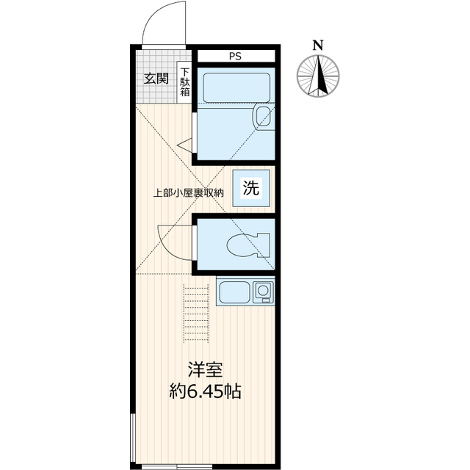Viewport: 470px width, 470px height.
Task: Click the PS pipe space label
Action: click(235, 57)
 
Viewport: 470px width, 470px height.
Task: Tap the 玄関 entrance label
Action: click(156, 79)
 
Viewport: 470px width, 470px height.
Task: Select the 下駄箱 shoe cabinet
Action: click(184, 82)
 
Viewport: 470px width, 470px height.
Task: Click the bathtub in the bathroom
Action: click(236, 87)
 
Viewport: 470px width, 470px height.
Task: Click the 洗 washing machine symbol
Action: click(251, 188)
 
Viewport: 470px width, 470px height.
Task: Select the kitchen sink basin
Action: click(235, 292)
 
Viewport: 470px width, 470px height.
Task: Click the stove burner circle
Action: click(263, 290)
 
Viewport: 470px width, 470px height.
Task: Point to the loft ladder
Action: click(196, 314)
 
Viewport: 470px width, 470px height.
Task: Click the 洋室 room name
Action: click(206, 369)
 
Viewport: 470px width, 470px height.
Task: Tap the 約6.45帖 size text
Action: click(206, 391)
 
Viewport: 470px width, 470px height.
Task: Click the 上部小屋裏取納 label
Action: click(189, 193)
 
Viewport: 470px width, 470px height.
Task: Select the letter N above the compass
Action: click(318, 46)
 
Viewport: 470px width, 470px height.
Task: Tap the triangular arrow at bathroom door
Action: click(184, 145)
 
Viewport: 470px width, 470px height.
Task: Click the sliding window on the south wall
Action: click(177, 467)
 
